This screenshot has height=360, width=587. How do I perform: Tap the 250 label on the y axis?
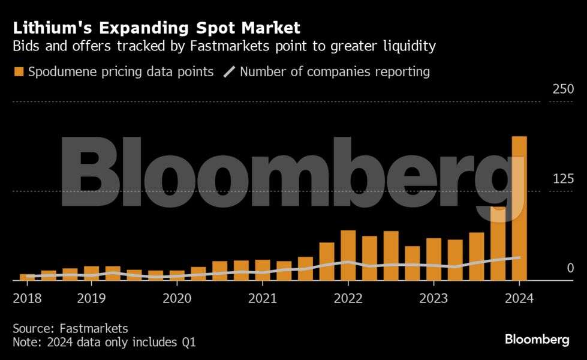coord(563,89)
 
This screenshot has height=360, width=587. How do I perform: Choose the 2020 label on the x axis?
coord(177,298)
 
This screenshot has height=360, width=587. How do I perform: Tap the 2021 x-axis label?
coord(262,298)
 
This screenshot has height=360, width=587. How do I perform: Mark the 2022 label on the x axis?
coord(348,298)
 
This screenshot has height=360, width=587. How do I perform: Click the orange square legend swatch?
coord(19,72)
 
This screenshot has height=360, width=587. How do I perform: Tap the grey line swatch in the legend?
coord(230,72)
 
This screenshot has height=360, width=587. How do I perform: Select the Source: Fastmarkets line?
coord(70,328)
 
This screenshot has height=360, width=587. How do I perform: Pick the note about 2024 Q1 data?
coord(104,343)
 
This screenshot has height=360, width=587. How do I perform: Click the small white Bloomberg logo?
coord(537,340)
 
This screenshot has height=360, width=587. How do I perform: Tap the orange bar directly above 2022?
coord(348,255)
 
